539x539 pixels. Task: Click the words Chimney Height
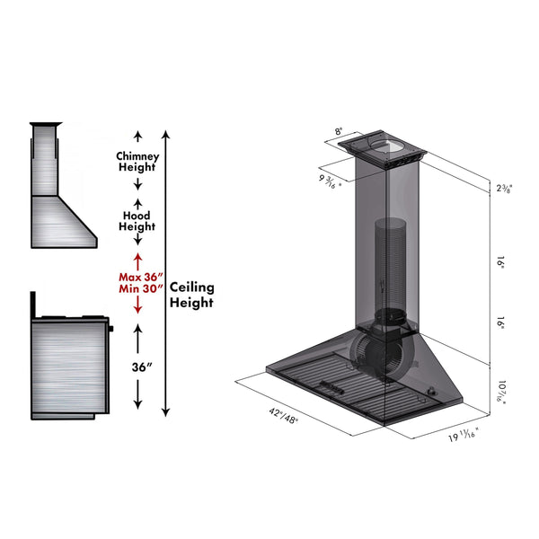pos(137,161)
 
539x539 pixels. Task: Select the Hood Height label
pos(137,221)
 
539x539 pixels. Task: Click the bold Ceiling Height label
pos(192,295)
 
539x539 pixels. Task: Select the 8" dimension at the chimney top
pos(339,131)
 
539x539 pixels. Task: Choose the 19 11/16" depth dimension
pos(463,437)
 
